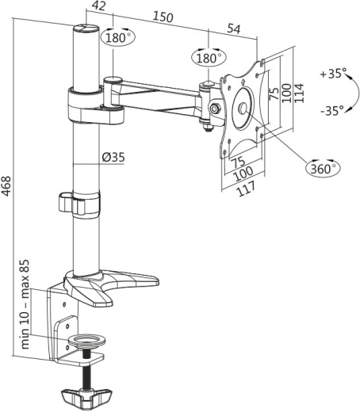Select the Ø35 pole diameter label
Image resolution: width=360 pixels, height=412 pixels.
113,157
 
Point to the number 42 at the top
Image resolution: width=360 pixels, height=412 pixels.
98,7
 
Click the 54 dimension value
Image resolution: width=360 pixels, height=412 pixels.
234,29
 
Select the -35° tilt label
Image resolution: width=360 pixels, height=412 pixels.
334,110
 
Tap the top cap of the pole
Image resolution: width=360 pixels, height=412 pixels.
85,30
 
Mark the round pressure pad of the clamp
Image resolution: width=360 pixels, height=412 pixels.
85,341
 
